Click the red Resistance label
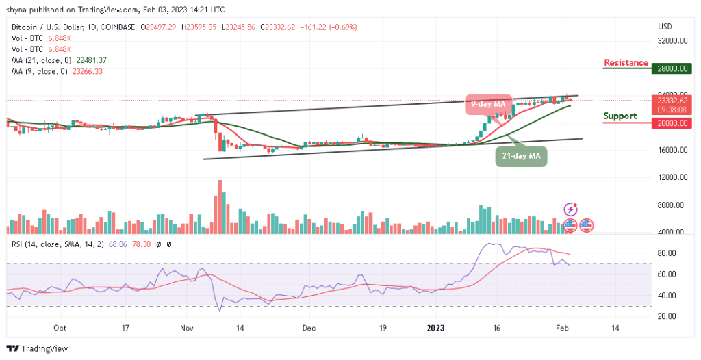coord(626,63)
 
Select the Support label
coord(620,116)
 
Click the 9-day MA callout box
coord(489,104)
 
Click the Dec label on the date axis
coord(309,329)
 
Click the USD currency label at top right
coord(664,27)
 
